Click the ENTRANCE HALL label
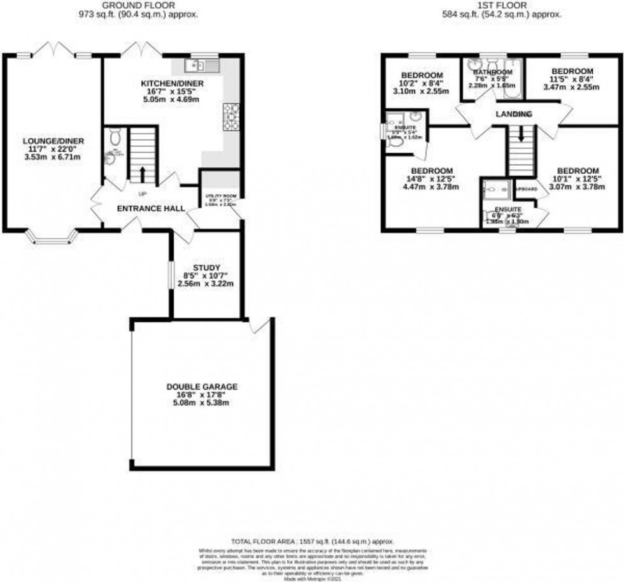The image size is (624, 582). click(150, 208)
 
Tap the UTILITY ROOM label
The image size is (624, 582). click(220, 196)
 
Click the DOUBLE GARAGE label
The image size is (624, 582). click(202, 386)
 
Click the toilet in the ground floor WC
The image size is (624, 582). click(114, 136)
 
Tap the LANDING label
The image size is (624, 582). click(514, 113)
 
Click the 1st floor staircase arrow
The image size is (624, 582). click(521, 134)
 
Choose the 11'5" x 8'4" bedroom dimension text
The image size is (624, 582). click(572, 80)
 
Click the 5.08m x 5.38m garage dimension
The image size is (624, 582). click(202, 402)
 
